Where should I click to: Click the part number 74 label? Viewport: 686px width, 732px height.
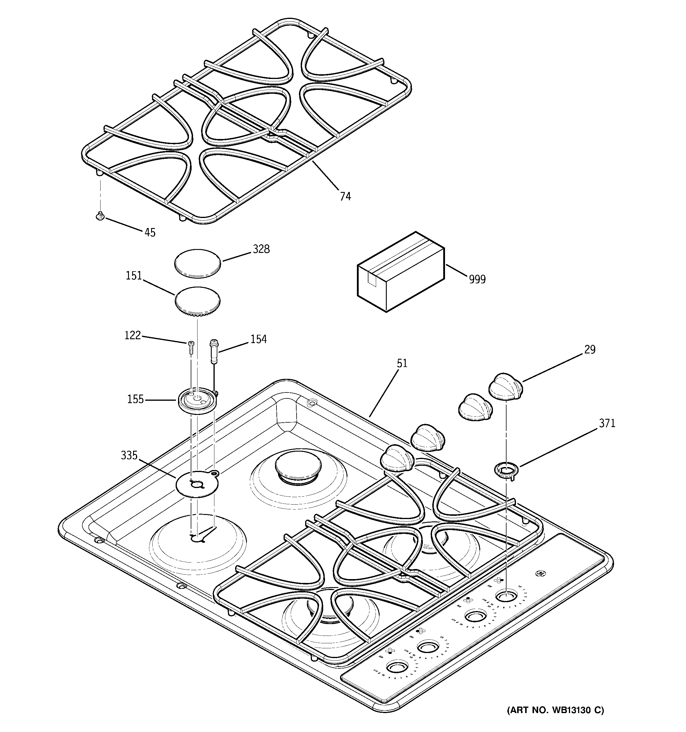click(x=345, y=196)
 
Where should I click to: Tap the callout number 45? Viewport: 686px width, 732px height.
click(x=150, y=232)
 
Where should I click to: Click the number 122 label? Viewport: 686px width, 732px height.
click(x=132, y=335)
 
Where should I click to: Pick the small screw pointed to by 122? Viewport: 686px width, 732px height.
click(x=191, y=347)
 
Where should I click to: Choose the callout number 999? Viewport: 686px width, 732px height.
click(x=477, y=279)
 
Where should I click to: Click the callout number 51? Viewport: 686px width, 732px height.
click(x=402, y=363)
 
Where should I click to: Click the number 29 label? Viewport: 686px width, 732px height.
click(x=590, y=349)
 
